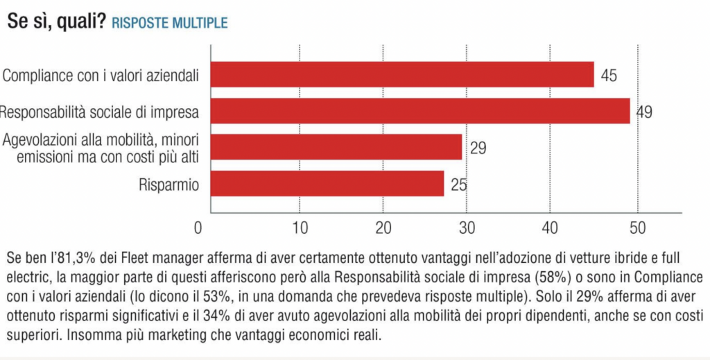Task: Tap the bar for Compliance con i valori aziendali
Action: coord(402,74)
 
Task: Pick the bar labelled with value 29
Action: coord(336,147)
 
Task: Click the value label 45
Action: coord(609,75)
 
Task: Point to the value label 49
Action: coord(644,112)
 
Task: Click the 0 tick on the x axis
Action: coord(198,228)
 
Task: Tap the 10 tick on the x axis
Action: coord(300,228)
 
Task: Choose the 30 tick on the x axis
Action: coord(467,228)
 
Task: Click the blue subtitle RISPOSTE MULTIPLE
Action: coord(170,23)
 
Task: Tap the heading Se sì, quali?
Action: coord(56,22)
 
